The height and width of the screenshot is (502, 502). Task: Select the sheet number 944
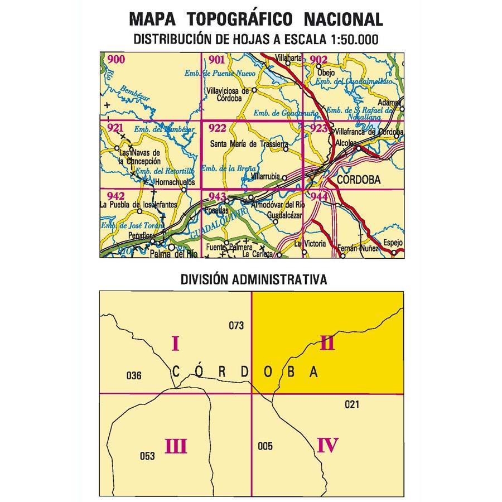318,196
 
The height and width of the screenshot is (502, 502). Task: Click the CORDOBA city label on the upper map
359,180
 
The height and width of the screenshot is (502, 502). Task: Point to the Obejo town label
326,73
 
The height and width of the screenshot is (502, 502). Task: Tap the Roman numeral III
175,446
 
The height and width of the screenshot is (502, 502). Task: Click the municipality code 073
236,326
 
